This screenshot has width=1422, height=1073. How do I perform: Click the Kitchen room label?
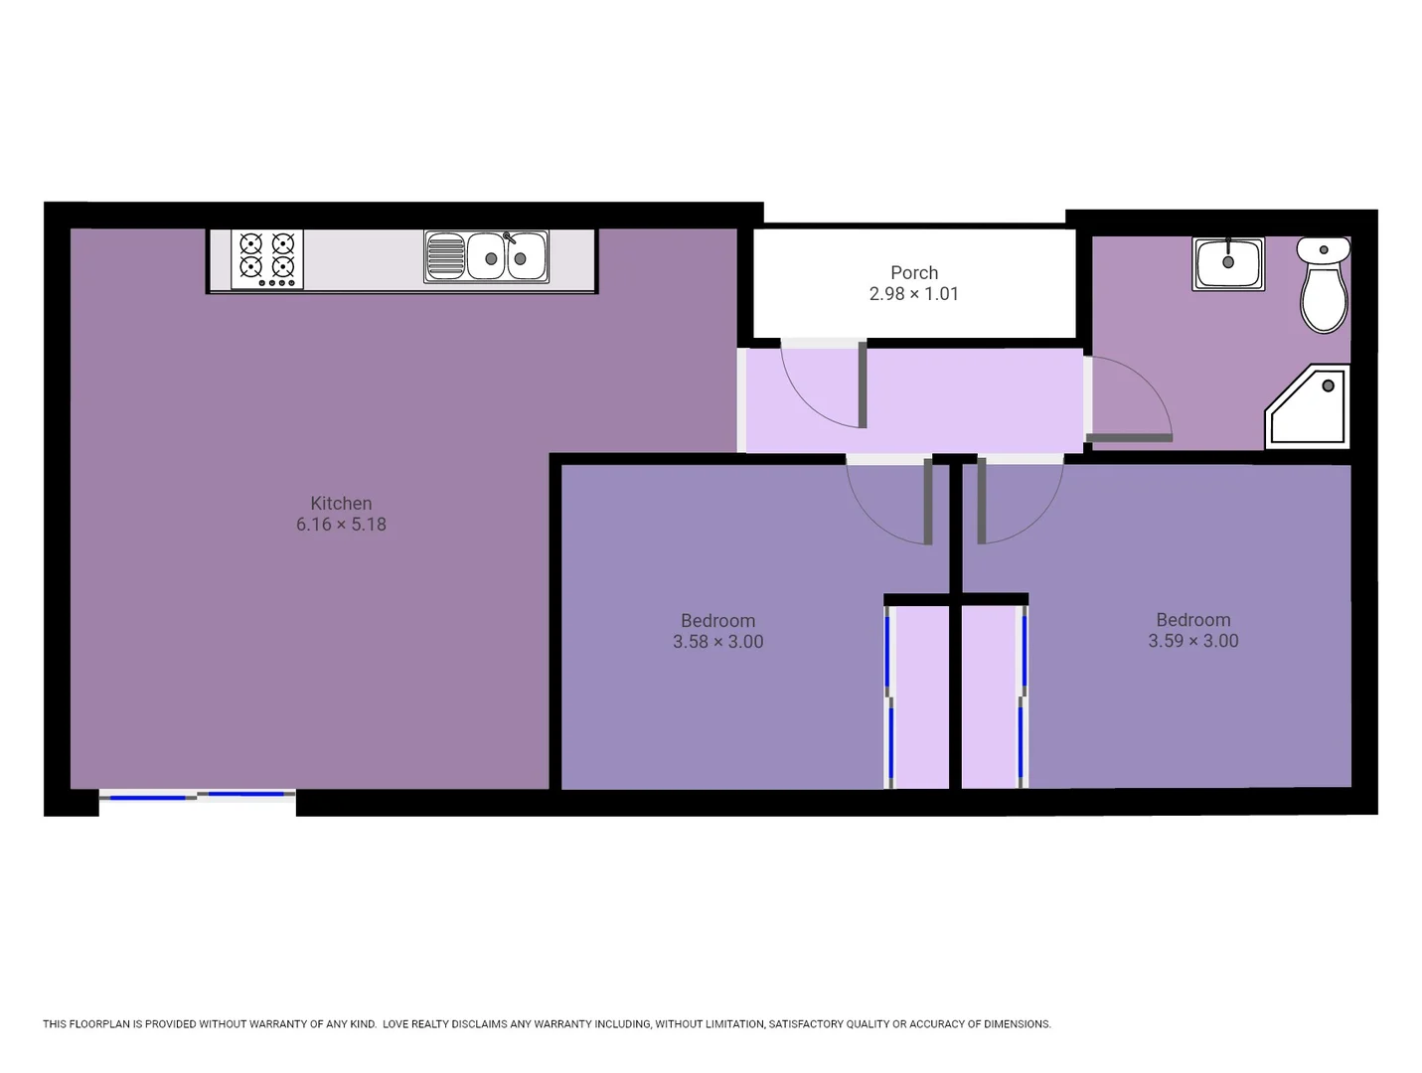tap(341, 504)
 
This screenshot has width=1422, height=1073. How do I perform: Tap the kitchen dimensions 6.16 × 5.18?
tap(341, 525)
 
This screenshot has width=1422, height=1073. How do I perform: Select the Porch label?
tap(913, 272)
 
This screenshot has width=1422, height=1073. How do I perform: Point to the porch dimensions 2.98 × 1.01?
tap(913, 294)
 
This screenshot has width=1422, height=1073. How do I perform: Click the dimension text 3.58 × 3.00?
tap(717, 642)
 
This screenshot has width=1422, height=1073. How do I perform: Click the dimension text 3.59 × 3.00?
tap(1192, 641)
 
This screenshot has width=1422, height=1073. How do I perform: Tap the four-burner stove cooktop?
tap(266, 259)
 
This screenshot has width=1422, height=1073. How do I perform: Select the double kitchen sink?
tap(486, 257)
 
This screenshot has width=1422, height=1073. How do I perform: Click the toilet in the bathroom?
tap(1324, 286)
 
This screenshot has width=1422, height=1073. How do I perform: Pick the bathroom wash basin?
tap(1228, 263)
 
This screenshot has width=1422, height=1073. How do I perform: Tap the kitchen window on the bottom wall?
tap(197, 796)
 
